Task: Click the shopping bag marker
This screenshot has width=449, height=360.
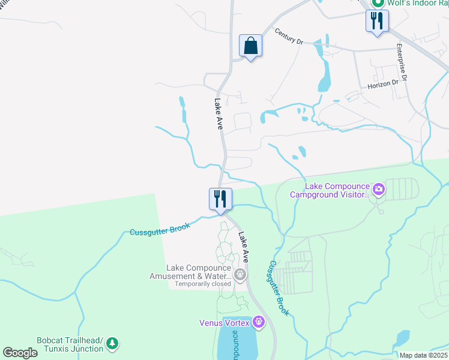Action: click(x=250, y=46)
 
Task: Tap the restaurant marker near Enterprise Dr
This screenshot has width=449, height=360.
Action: click(x=377, y=21)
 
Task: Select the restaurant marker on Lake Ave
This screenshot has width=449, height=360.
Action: click(x=220, y=199)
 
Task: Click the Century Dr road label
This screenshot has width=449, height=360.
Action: click(x=290, y=37)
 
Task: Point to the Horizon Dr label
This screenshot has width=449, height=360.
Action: click(x=383, y=85)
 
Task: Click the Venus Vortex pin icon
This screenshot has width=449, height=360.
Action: click(x=259, y=322)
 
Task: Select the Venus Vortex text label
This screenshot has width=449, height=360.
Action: click(x=224, y=323)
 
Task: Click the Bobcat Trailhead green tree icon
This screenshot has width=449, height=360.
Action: click(x=112, y=343)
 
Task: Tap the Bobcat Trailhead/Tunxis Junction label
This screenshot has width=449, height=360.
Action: click(x=70, y=344)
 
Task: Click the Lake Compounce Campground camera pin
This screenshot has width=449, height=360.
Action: click(x=379, y=190)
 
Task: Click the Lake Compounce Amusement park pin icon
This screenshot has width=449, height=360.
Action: click(x=240, y=275)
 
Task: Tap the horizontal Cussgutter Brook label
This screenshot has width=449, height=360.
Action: click(x=160, y=229)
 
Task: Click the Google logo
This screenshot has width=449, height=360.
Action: click(x=20, y=353)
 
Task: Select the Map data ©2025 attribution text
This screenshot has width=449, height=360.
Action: click(x=423, y=355)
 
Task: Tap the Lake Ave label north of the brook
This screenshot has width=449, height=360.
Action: click(x=219, y=115)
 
